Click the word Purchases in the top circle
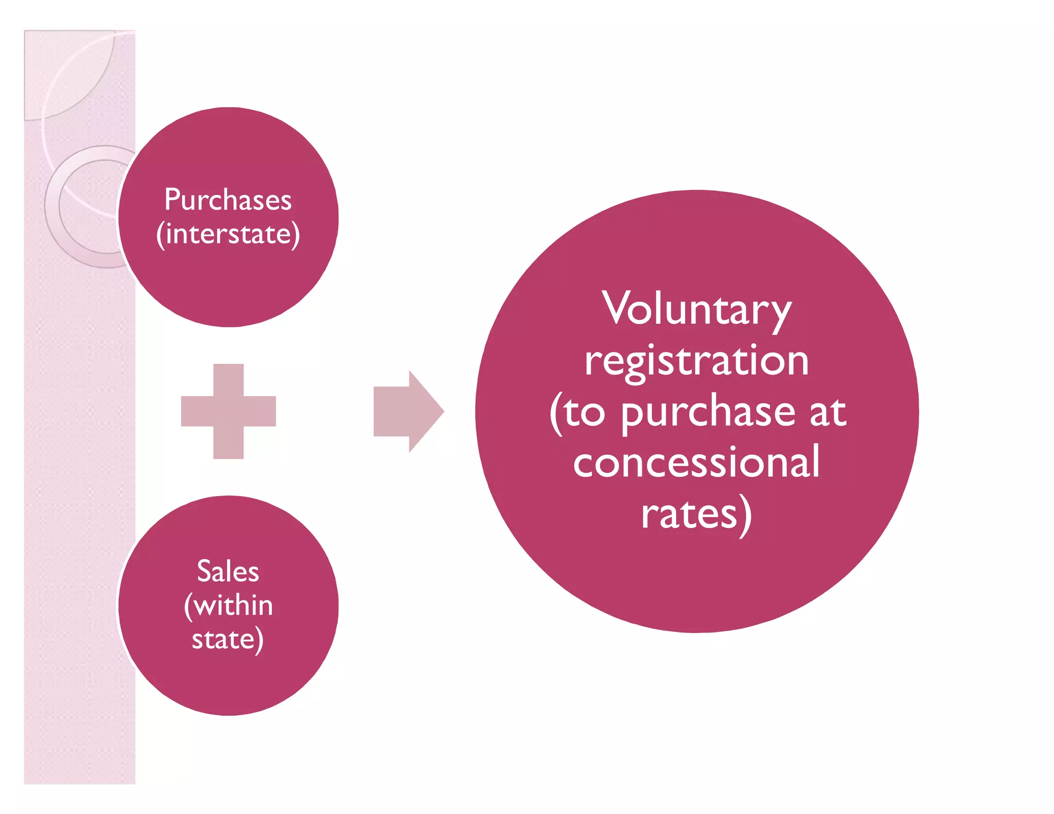pos(227,200)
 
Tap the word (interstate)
pos(227,234)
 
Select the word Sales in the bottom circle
pos(227,571)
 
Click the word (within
pos(229,606)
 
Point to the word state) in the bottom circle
pos(227,640)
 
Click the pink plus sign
pos(229,411)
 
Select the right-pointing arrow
pos(408,411)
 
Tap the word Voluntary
pos(697,309)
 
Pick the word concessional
pos(697,462)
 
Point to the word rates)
pos(697,514)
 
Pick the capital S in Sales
pos(204,571)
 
